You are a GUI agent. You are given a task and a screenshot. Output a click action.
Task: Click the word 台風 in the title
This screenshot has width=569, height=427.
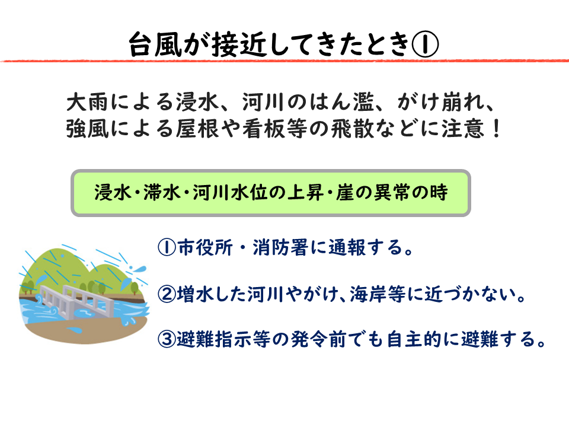click(155, 44)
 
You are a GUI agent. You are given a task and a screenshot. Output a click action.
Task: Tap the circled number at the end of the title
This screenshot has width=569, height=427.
click(425, 44)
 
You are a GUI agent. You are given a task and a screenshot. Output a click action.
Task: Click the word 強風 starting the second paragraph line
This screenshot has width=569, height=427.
click(88, 129)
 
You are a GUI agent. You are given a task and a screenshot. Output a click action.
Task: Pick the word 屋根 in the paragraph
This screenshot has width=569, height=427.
click(198, 129)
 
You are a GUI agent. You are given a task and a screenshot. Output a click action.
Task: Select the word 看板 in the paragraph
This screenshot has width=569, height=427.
click(264, 129)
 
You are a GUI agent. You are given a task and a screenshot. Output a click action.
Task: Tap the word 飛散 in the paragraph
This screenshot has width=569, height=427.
click(353, 129)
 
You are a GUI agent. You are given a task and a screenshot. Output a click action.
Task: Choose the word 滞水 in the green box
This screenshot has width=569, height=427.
click(162, 192)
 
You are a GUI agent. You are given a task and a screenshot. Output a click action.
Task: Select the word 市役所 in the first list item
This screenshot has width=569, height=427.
click(205, 248)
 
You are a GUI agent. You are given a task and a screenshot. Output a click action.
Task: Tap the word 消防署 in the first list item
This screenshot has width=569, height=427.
click(280, 248)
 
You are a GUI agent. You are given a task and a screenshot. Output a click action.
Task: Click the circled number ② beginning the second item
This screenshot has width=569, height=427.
click(167, 294)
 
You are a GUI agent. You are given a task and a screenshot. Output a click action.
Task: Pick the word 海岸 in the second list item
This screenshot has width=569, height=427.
click(369, 294)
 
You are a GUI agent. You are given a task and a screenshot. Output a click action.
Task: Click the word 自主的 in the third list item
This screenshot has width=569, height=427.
click(414, 339)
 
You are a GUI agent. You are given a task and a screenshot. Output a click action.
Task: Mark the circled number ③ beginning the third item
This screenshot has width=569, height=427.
click(167, 339)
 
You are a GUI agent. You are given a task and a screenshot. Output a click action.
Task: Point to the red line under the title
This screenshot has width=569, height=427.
click(284, 60)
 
